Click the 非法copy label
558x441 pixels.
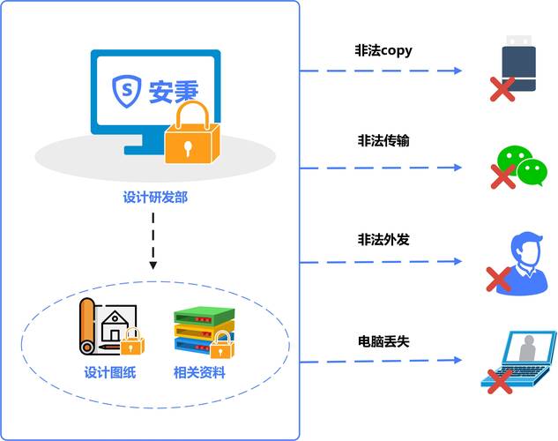coord(383,51)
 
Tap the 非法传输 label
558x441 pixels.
coord(383,140)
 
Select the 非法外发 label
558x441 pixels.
coord(383,239)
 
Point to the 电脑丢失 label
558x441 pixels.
coord(383,340)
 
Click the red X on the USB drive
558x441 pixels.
coord(502,88)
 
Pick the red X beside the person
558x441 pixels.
coord(498,280)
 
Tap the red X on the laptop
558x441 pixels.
coord(501,381)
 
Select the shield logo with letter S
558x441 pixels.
coord(127,88)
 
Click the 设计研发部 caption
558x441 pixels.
coord(155,198)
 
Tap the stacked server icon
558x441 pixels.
coord(198,331)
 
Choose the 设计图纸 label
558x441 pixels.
coord(110,372)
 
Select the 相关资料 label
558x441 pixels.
coord(199,372)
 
